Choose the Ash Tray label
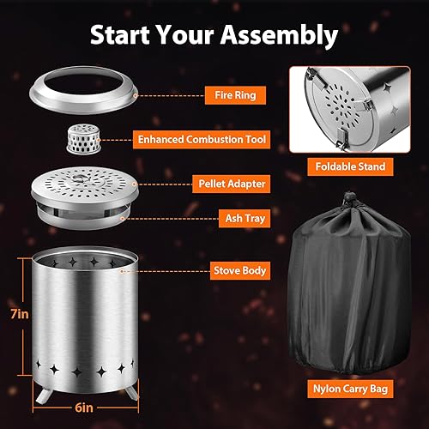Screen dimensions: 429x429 [x=226, y=220]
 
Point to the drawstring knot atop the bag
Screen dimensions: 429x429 [x=349, y=200]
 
